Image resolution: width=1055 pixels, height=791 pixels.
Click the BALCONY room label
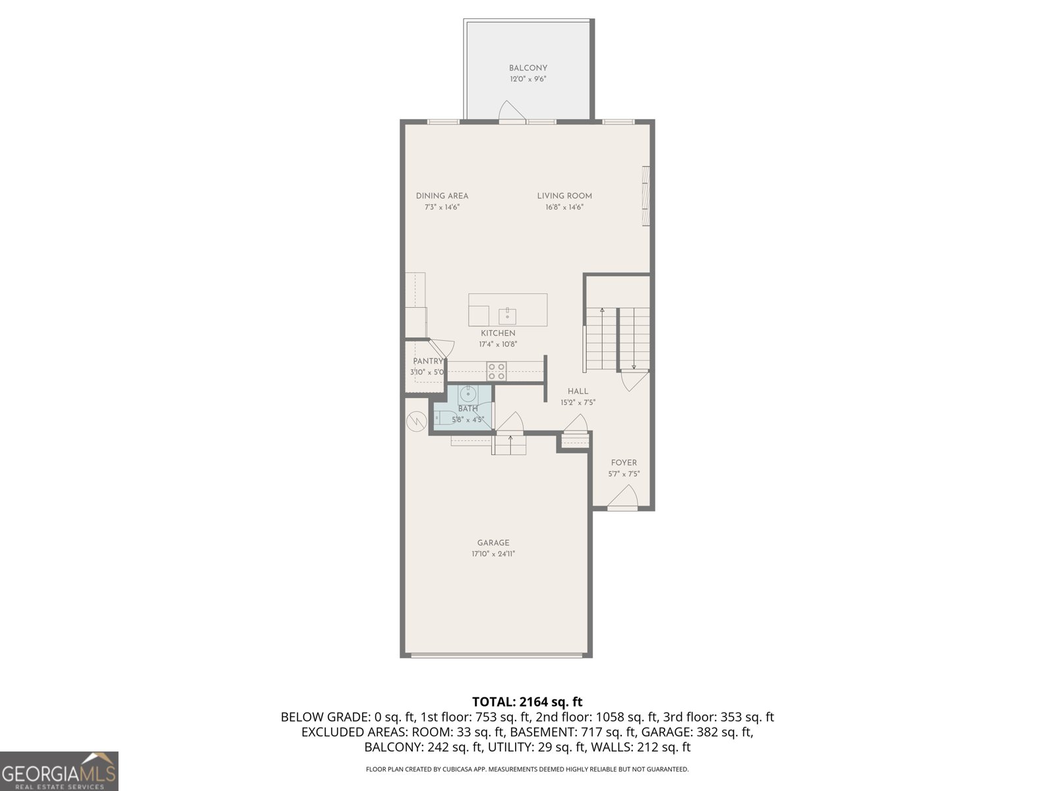(527, 68)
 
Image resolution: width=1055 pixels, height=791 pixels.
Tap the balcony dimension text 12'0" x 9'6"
(527, 79)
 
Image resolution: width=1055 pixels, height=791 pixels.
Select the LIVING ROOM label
(564, 196)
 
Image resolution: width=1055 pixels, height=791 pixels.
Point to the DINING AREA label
(442, 196)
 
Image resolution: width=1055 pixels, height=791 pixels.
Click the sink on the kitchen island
(507, 314)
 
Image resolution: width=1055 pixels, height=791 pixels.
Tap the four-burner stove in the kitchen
(497, 371)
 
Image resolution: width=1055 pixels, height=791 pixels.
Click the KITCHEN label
(498, 333)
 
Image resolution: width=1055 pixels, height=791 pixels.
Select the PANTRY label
(428, 361)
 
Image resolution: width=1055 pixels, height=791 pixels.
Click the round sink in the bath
(467, 394)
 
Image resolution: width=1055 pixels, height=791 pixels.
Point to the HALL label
(578, 391)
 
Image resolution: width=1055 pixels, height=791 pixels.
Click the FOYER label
(624, 463)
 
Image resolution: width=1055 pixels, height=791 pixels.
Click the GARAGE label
(493, 543)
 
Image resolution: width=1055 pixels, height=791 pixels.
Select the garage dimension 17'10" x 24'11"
(493, 554)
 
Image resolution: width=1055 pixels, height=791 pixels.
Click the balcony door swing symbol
(511, 112)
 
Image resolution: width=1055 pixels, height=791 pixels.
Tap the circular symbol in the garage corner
(417, 421)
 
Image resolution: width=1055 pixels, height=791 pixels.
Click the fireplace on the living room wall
(646, 196)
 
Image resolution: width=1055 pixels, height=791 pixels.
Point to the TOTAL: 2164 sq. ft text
(527, 702)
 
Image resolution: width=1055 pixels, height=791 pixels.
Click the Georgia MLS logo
(59, 771)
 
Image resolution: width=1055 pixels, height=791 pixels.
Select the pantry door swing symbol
(440, 349)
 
